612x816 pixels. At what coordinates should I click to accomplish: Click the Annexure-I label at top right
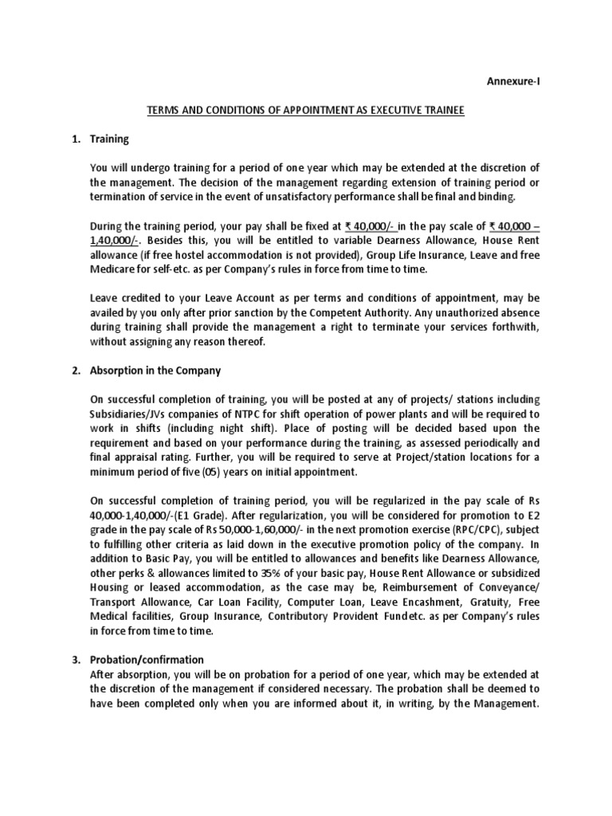click(x=519, y=80)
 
